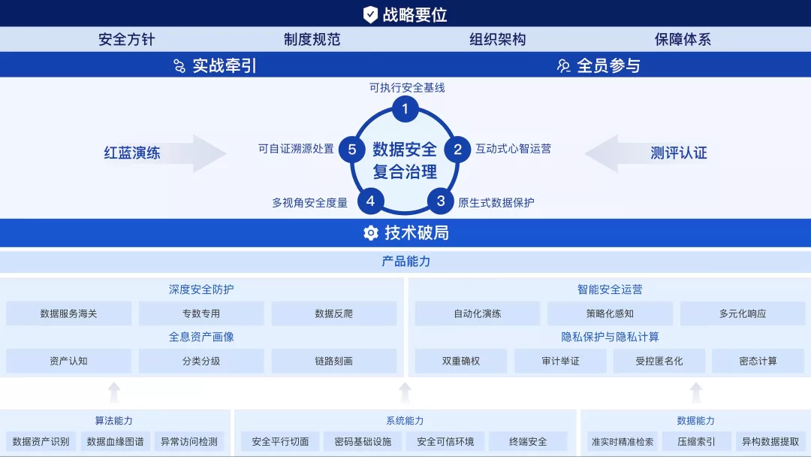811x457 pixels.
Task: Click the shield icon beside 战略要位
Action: [370, 14]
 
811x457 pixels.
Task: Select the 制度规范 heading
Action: [312, 40]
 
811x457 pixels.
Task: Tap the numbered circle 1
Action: [405, 110]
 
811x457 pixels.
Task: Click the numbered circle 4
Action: [370, 201]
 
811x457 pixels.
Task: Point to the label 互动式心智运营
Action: [513, 149]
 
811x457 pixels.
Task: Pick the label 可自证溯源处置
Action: [296, 149]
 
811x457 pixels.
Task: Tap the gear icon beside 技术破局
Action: [370, 233]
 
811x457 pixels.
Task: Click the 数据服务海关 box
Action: [69, 313]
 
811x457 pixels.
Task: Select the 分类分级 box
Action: [201, 361]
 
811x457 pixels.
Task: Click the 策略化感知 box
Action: [610, 313]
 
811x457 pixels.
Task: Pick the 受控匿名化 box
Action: [659, 361]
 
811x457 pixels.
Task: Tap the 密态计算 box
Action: [758, 361]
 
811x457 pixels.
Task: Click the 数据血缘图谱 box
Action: [115, 441]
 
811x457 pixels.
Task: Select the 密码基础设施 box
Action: [363, 441]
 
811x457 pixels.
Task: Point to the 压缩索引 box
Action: [696, 441]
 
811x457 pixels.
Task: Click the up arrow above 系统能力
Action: [405, 392]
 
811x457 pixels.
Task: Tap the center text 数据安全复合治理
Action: [405, 160]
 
